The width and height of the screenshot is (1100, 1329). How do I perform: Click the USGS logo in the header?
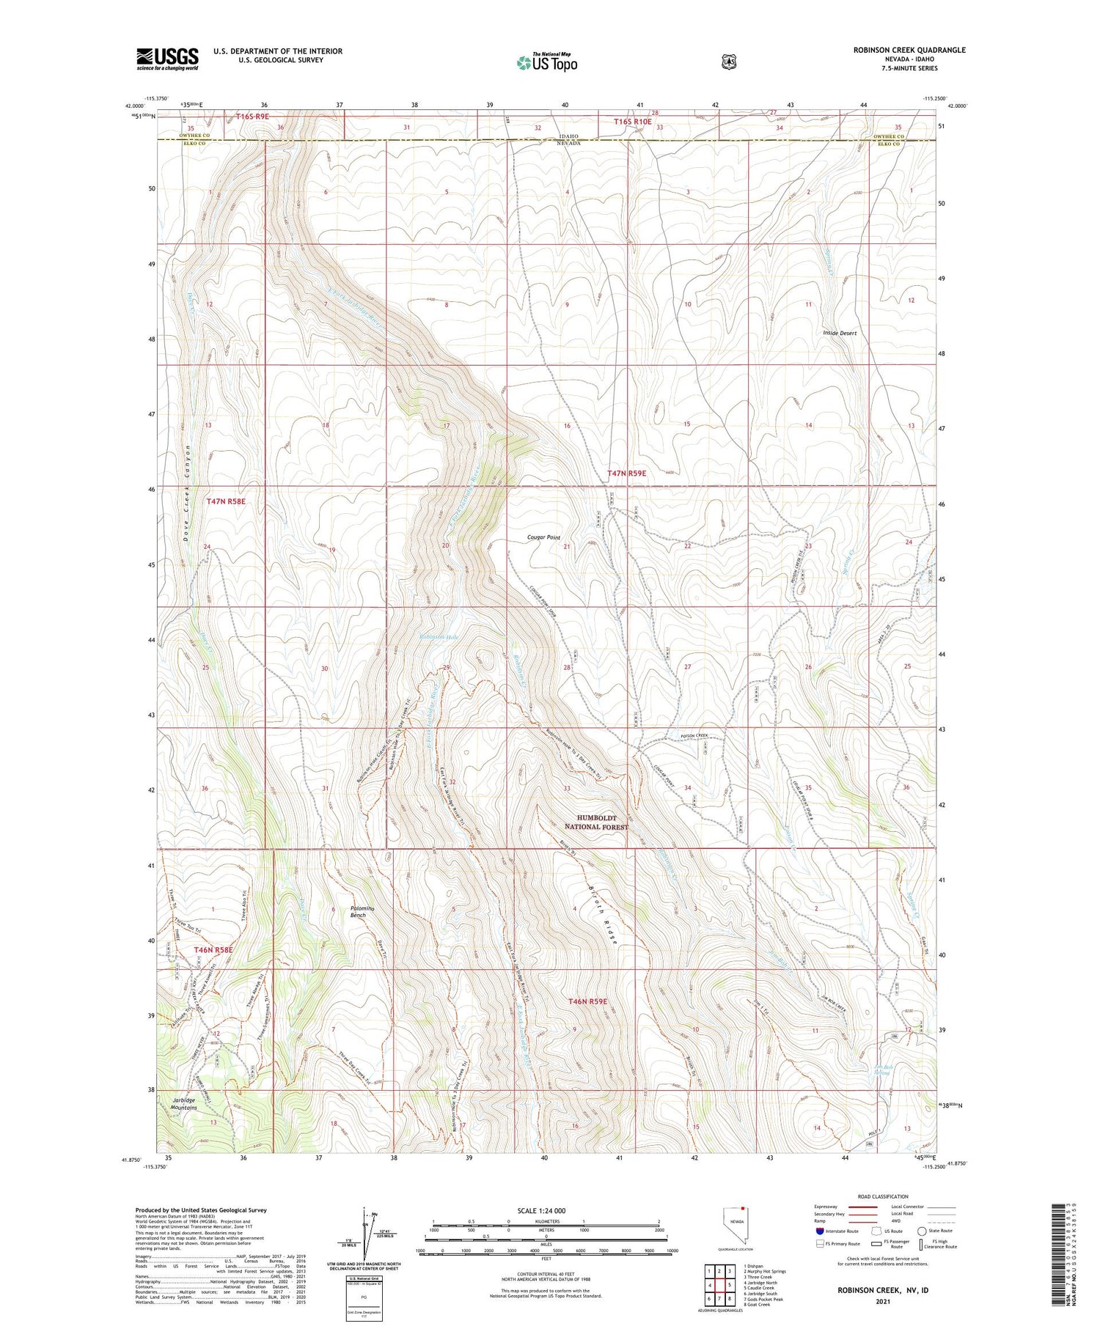click(x=167, y=59)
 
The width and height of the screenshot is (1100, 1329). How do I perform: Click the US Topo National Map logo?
click(x=546, y=62)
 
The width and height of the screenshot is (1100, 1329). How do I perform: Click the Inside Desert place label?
click(x=840, y=333)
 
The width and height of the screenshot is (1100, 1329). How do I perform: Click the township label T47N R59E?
click(x=626, y=474)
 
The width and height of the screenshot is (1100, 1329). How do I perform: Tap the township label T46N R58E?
click(x=213, y=949)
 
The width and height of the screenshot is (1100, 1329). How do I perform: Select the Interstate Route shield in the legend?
click(x=819, y=1231)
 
